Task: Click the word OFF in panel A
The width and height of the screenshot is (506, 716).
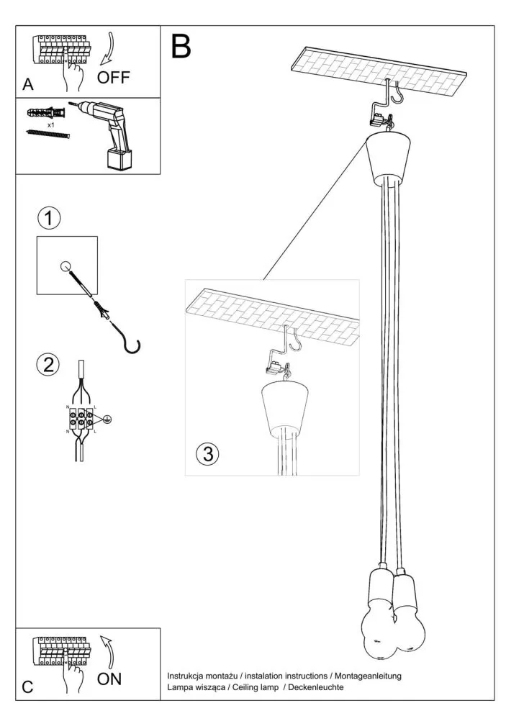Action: pyautogui.click(x=114, y=76)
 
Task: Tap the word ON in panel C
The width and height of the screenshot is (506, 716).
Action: pyautogui.click(x=109, y=678)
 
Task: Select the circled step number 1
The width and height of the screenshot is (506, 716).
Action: pyautogui.click(x=49, y=217)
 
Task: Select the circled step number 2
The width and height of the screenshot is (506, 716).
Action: pyautogui.click(x=48, y=364)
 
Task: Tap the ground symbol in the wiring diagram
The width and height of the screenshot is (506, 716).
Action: pyautogui.click(x=107, y=418)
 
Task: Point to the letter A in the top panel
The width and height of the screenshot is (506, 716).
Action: pyautogui.click(x=28, y=85)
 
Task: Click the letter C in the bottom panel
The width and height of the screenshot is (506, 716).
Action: pyautogui.click(x=27, y=686)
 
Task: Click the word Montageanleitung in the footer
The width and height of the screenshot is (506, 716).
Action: pyautogui.click(x=370, y=676)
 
